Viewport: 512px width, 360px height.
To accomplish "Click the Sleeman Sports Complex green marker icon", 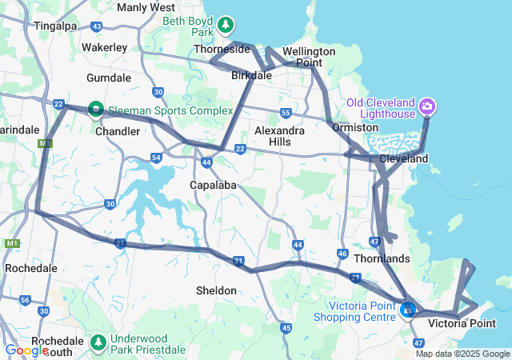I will [95, 108].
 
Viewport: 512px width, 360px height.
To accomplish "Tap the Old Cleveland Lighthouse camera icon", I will [426, 106].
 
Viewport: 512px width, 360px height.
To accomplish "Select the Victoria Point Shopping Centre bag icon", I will [408, 309].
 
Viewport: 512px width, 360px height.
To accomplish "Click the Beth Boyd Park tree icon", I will [226, 25].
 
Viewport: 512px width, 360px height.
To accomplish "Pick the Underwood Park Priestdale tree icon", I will [98, 342].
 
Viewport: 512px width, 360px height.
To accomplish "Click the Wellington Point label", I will [309, 56].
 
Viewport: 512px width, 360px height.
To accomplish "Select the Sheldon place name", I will [216, 290].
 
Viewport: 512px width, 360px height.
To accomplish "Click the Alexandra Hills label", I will [279, 135].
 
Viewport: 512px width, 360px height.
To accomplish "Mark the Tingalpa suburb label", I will [55, 26].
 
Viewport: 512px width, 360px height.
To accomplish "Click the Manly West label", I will [146, 7].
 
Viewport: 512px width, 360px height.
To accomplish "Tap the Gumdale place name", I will [108, 78].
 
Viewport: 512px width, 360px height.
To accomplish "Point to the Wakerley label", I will [105, 47].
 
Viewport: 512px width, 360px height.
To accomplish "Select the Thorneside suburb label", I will [223, 49].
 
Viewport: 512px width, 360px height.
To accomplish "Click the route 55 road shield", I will [286, 113].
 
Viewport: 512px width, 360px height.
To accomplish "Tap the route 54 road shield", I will [156, 158].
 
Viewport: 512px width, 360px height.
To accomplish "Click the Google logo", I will [26, 350].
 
